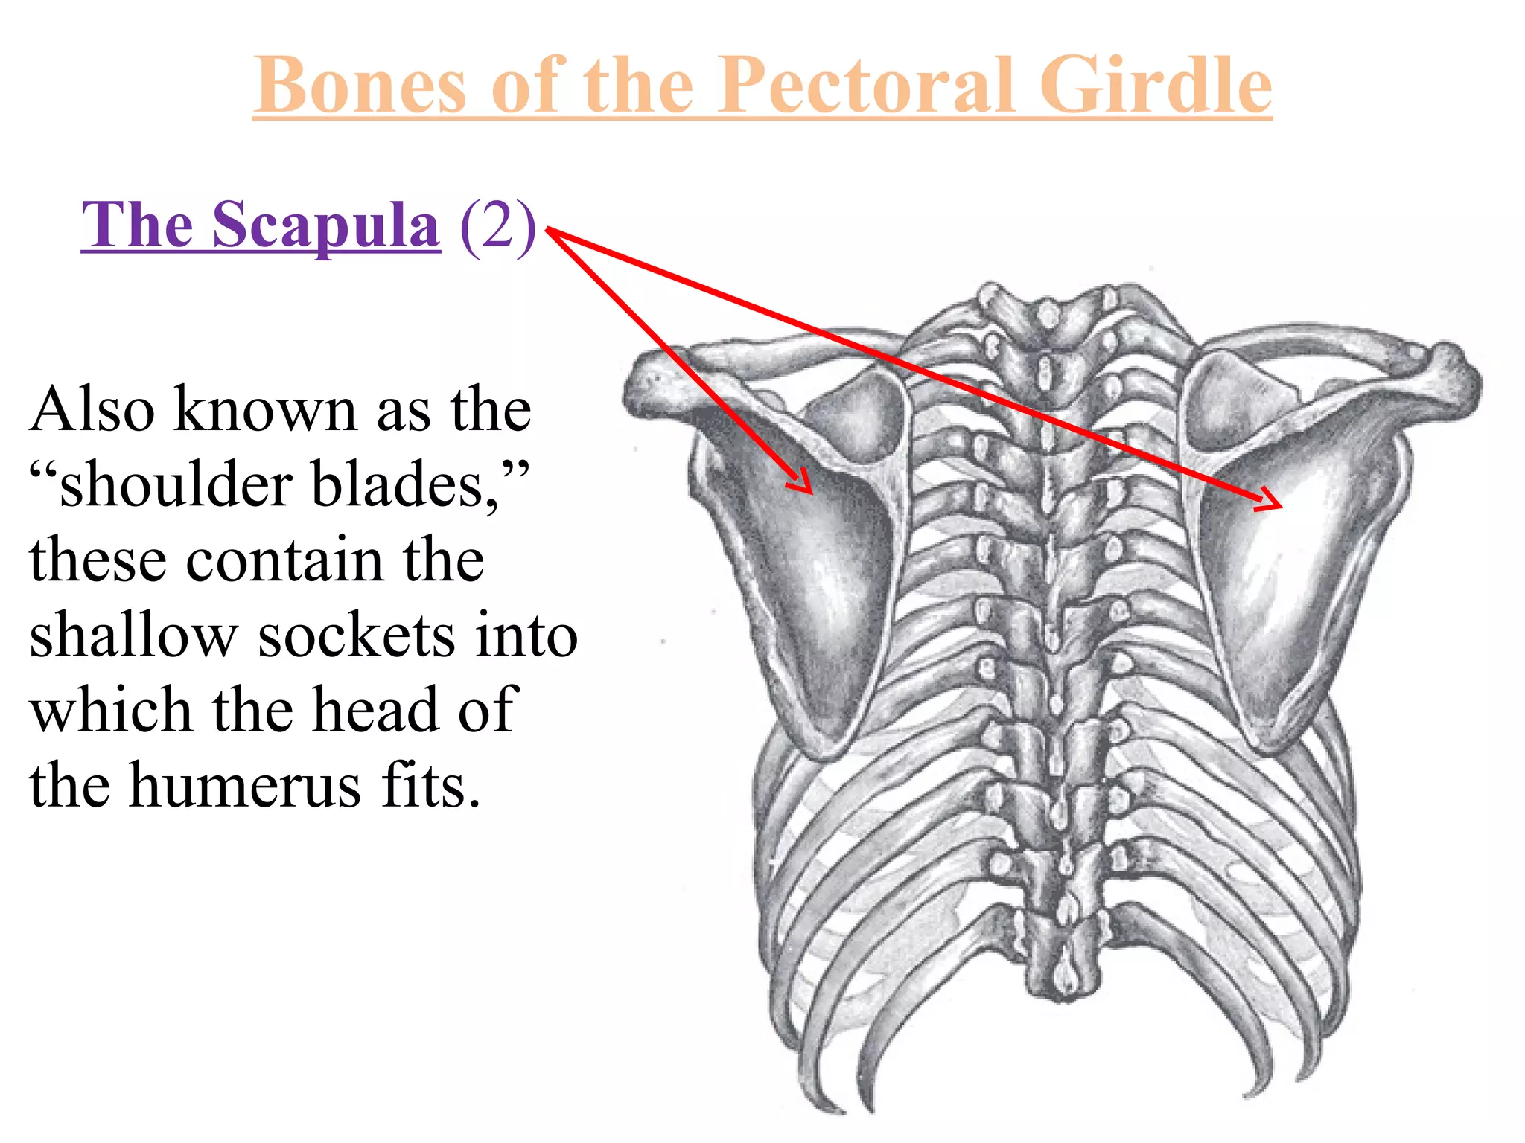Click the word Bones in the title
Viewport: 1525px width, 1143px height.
pyautogui.click(x=360, y=86)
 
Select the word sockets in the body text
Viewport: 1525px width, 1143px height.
pyautogui.click(x=356, y=635)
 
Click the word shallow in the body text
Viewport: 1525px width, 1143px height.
pyautogui.click(x=133, y=635)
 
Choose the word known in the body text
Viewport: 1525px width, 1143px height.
pyautogui.click(x=265, y=409)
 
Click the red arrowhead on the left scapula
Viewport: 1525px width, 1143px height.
pyautogui.click(x=803, y=482)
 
